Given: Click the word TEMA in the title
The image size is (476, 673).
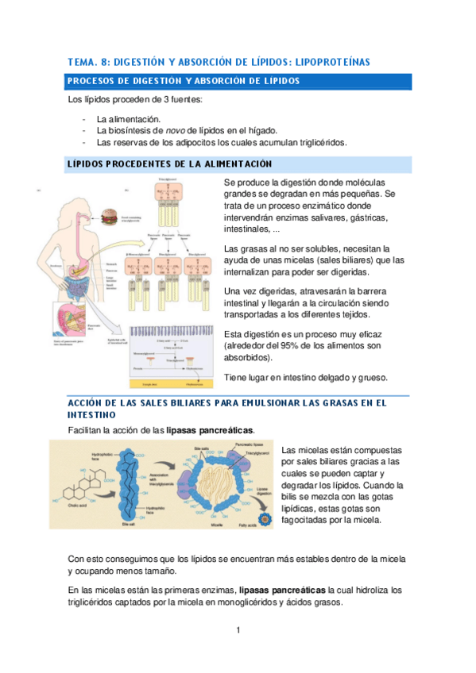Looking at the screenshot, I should [83, 61].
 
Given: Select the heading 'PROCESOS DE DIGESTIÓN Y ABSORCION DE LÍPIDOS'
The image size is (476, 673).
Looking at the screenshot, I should [184, 81].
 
